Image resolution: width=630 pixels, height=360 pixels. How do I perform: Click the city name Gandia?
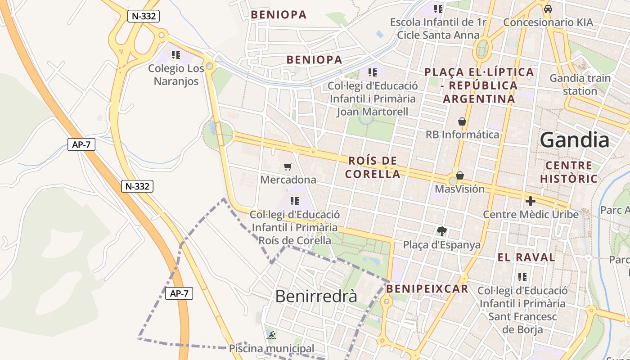(575, 140)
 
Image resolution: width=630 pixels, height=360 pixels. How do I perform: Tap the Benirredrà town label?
(316, 296)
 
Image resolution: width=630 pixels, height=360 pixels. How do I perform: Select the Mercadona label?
(288, 180)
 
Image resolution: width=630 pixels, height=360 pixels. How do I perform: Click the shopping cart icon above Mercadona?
(288, 167)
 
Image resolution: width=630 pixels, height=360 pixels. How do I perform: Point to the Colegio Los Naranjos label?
(176, 75)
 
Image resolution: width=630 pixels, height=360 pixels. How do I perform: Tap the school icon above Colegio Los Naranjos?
(176, 55)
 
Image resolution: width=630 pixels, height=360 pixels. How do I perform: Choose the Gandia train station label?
(580, 85)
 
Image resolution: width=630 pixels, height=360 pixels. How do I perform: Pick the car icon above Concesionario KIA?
(548, 9)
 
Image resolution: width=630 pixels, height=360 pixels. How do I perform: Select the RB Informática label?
(462, 135)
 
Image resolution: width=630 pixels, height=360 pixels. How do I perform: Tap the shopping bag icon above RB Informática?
(462, 121)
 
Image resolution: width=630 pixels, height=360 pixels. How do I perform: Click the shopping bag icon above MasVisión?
(460, 175)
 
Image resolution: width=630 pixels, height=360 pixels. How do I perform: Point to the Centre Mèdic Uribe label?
(531, 214)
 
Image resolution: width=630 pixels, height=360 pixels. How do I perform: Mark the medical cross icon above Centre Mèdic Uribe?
(531, 201)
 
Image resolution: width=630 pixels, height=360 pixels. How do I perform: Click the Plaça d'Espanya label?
(441, 245)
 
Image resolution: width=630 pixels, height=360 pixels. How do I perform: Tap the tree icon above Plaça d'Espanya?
(442, 231)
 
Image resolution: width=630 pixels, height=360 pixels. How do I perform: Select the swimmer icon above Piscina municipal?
(271, 335)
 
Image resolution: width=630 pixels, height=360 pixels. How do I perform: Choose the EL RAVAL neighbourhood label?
(526, 258)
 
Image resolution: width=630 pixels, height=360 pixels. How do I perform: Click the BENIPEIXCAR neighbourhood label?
(427, 289)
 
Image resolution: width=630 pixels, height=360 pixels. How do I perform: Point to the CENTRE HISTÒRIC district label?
(569, 172)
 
